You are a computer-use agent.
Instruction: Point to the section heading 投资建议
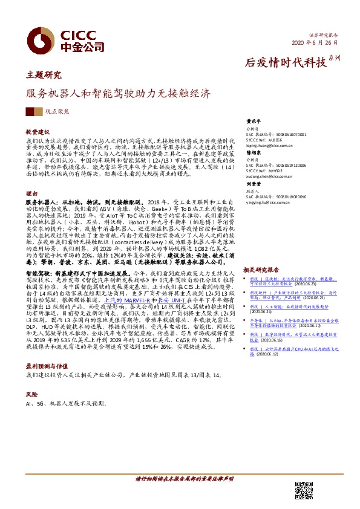38,131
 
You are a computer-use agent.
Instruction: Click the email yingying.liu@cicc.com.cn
273,203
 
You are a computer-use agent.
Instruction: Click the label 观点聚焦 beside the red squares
57,112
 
